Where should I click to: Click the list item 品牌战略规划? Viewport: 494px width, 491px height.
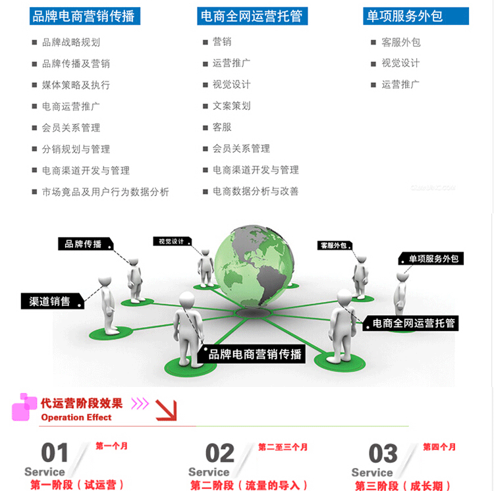(70, 43)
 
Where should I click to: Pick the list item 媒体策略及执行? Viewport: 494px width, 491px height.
(76, 86)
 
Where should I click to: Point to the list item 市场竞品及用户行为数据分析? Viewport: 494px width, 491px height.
(105, 192)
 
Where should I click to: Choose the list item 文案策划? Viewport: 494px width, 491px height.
(231, 106)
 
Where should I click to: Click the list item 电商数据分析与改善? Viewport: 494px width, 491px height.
(256, 192)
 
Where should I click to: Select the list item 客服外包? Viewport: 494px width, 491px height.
(400, 43)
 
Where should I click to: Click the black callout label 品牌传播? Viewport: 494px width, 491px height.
(84, 244)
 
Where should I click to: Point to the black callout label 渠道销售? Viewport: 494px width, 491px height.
(51, 301)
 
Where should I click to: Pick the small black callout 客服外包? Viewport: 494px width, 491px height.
(335, 245)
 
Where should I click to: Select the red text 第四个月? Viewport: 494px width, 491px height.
(439, 448)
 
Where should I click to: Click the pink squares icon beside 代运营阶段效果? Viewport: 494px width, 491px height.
(24, 406)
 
